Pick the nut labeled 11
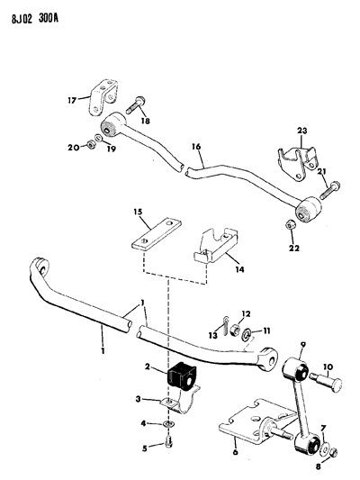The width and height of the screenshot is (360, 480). coord(246,332)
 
